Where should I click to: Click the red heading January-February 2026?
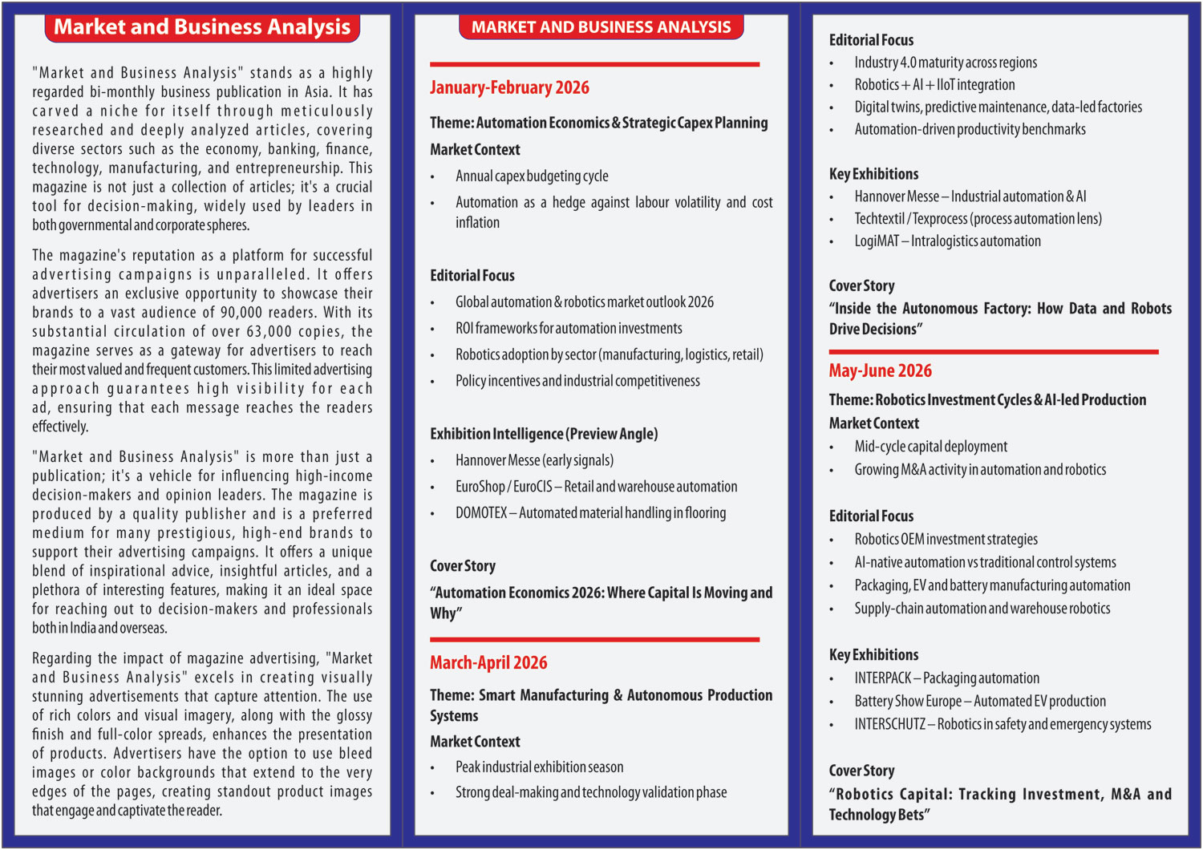click(x=509, y=87)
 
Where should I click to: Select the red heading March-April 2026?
click(x=488, y=662)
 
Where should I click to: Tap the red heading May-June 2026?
click(x=880, y=370)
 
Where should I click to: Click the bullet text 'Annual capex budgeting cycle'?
click(x=532, y=176)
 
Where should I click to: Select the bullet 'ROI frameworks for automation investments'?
click(x=569, y=329)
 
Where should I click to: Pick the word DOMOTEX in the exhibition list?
click(x=481, y=513)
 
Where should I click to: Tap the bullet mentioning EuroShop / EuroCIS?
click(x=596, y=487)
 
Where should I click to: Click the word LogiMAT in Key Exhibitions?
click(x=877, y=241)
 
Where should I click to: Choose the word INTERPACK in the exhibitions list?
click(x=883, y=678)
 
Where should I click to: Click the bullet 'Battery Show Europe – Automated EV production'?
click(x=979, y=702)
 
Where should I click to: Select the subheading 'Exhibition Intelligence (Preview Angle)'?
click(x=544, y=434)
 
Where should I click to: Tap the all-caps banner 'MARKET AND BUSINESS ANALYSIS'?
click(x=601, y=27)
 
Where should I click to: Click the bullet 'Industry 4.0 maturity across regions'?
click(x=945, y=63)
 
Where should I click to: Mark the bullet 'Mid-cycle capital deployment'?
click(x=930, y=447)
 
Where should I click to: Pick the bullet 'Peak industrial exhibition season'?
click(x=539, y=767)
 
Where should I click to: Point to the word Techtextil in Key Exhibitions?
click(x=879, y=219)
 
